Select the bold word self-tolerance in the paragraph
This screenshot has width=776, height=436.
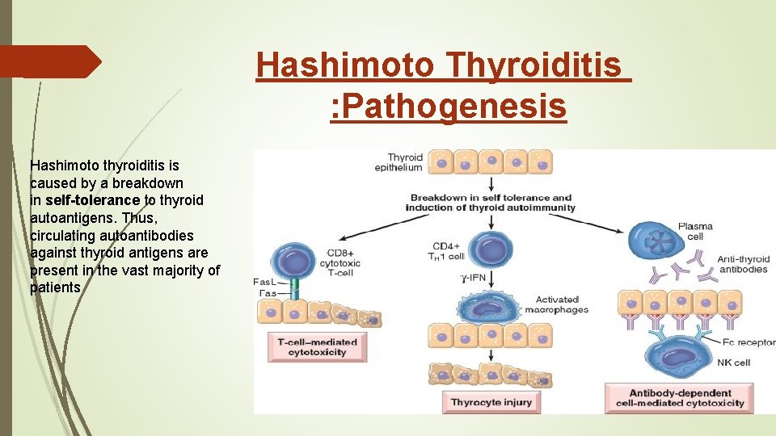point(93,199)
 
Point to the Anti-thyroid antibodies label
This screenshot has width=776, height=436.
point(742,264)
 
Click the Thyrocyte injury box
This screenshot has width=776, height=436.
point(491,402)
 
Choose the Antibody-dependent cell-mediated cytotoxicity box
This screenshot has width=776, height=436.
point(680,398)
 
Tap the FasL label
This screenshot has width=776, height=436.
point(265,282)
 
